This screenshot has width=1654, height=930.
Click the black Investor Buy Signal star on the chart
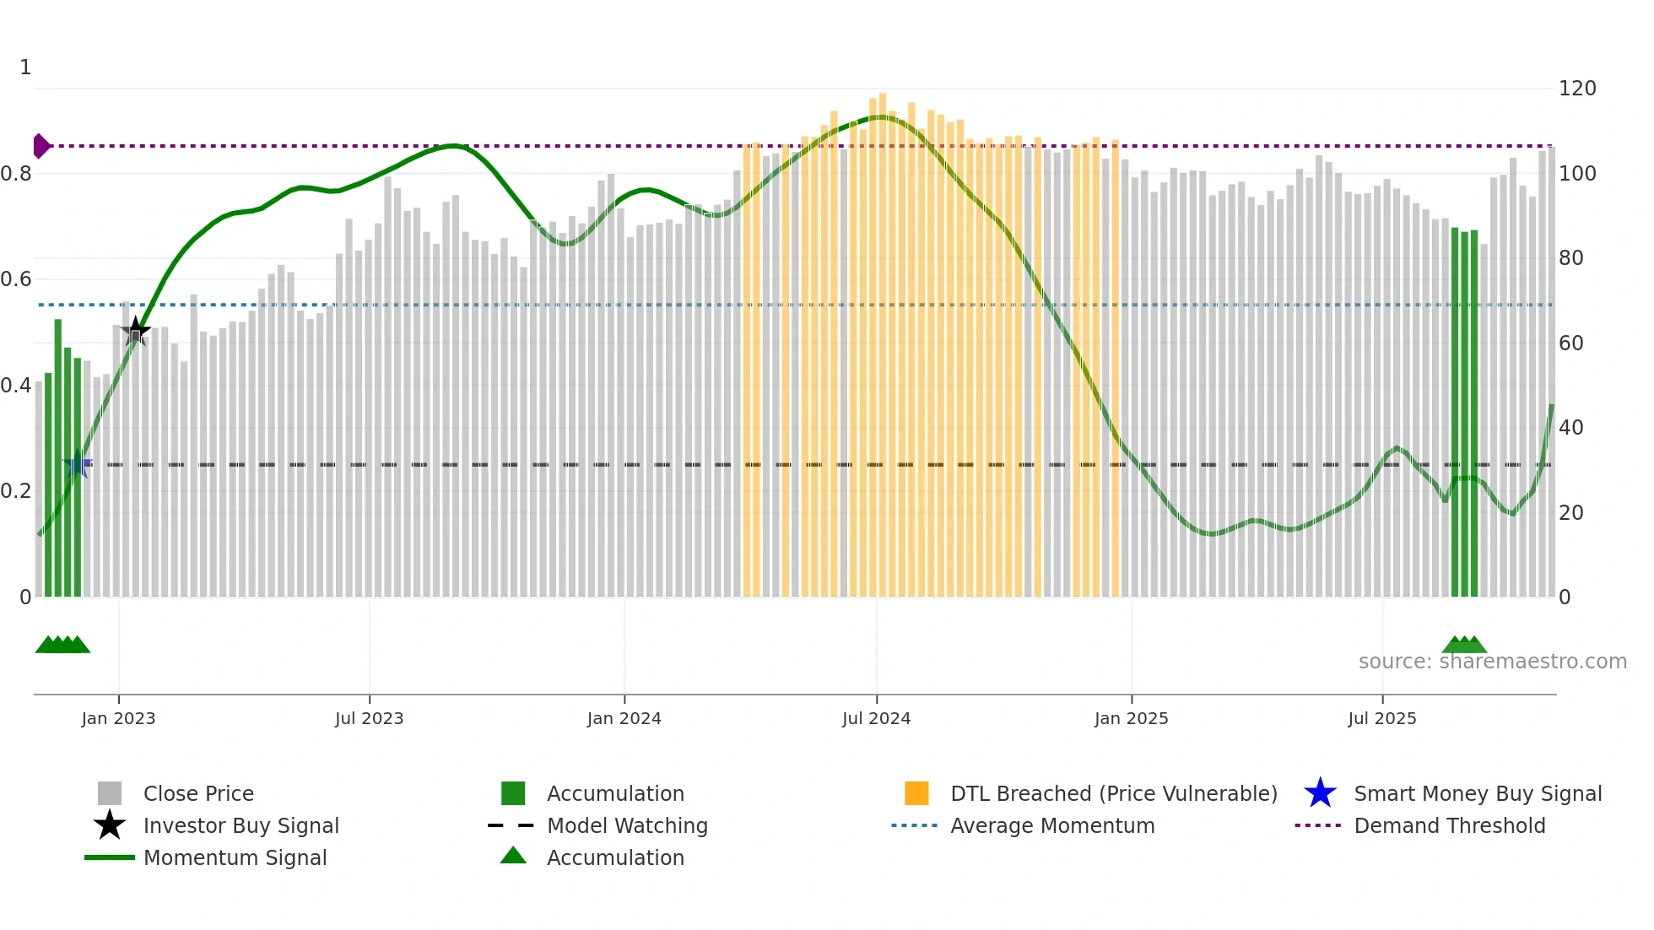pos(135,331)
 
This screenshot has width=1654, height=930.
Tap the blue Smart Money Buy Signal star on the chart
pos(78,464)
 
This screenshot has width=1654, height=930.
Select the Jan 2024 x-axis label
pos(624,718)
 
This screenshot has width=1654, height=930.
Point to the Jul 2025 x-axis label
pos(1381,718)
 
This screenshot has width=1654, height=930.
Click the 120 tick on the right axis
pos(1576,89)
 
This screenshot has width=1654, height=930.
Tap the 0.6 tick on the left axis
pos(16,279)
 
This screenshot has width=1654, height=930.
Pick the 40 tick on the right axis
pos(1570,428)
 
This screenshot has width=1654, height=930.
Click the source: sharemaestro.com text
pos(1492,662)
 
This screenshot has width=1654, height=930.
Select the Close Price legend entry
pos(197,793)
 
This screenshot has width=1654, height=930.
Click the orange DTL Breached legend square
pos(916,793)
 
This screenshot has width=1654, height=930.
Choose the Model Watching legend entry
pos(626,825)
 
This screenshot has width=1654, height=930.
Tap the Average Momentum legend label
pos(1051,825)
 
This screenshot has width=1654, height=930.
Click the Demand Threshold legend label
pos(1449,825)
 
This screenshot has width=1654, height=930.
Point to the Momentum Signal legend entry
pos(235,857)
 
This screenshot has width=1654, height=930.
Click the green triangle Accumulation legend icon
pos(513,856)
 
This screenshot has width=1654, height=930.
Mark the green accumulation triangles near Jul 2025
pos(1464,646)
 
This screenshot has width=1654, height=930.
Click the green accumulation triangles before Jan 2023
pos(62,646)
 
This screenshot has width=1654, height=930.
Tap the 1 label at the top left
pos(25,68)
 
